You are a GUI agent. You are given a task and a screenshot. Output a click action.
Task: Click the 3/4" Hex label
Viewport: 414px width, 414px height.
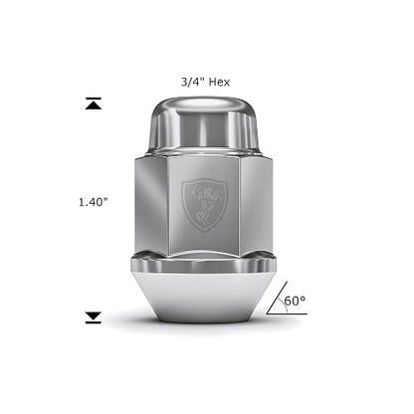coord(205,82)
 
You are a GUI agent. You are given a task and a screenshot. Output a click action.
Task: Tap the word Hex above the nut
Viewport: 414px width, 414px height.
coord(219,82)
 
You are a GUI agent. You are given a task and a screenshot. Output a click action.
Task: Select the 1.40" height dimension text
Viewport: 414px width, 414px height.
coord(94,202)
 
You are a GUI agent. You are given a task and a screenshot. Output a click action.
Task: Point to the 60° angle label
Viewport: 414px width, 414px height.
coord(295,301)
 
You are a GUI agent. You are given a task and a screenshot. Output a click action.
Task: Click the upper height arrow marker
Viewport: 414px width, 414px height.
coord(94,103)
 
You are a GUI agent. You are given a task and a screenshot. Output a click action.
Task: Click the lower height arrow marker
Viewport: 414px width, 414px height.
coord(94,317)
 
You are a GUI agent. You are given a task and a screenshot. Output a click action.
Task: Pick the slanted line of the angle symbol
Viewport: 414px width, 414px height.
coord(277,298)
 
